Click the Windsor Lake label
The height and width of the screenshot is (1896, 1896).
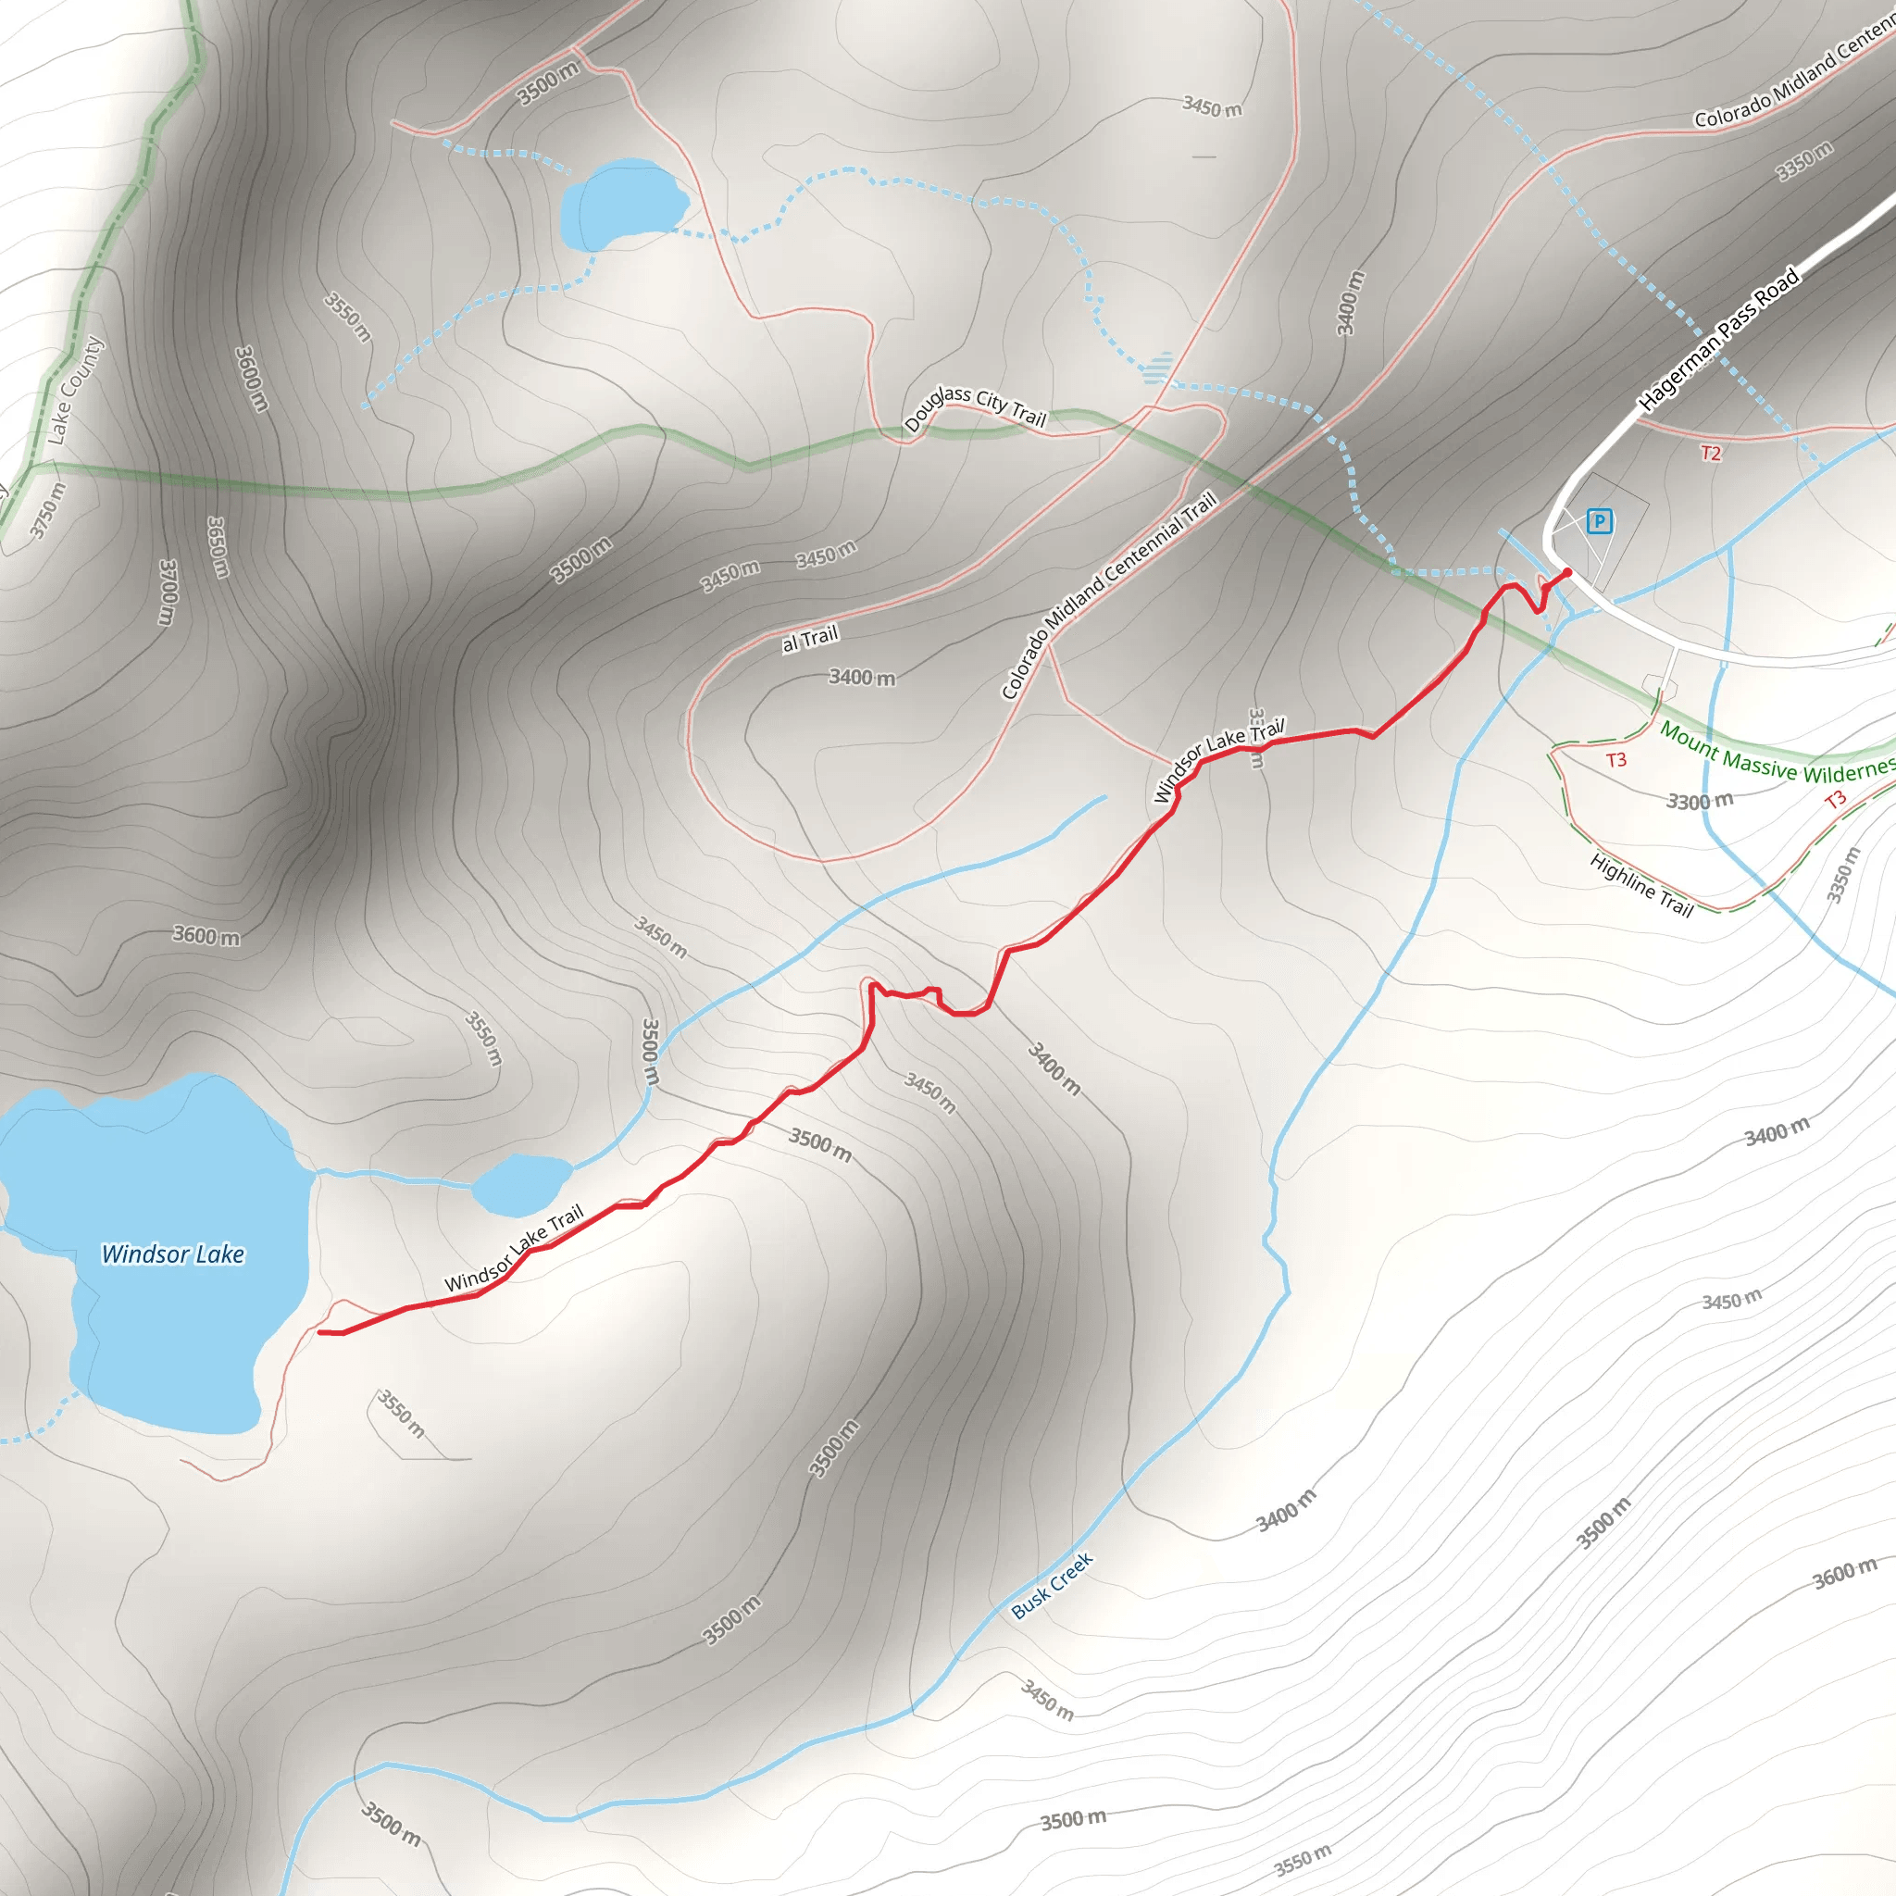click(173, 1254)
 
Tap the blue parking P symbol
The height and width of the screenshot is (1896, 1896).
click(1599, 521)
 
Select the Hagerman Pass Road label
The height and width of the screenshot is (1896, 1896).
click(1718, 339)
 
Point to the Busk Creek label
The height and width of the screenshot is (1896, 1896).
click(1052, 1585)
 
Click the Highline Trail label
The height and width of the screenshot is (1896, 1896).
click(1641, 885)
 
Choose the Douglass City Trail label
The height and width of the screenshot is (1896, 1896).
click(976, 407)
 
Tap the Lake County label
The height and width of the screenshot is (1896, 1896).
click(76, 390)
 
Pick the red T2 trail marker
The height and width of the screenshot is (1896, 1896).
click(1711, 454)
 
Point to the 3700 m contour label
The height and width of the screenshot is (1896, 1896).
click(168, 592)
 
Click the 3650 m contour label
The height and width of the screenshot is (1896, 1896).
click(218, 548)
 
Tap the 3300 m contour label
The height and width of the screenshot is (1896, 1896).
click(1700, 801)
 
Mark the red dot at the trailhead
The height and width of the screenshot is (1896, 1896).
click(1567, 572)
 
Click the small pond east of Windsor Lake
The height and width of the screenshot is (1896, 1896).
click(521, 1183)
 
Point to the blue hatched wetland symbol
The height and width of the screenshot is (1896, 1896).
click(1159, 368)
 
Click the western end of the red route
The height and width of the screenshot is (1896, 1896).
click(321, 1331)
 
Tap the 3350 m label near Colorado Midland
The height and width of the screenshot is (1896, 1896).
click(1803, 161)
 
